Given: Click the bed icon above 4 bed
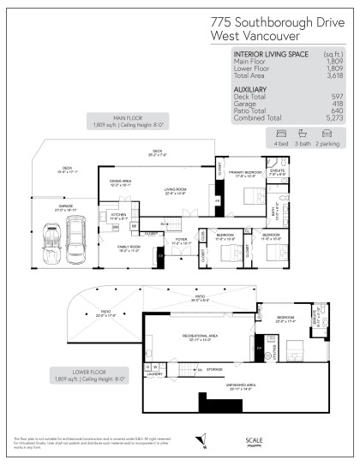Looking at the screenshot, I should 279,134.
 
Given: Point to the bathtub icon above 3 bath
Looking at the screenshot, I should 303,134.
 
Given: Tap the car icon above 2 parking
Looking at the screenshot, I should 327,134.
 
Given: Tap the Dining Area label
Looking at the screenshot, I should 120,182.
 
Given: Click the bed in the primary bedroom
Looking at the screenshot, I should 250,196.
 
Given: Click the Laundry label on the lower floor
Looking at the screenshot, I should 155,373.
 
